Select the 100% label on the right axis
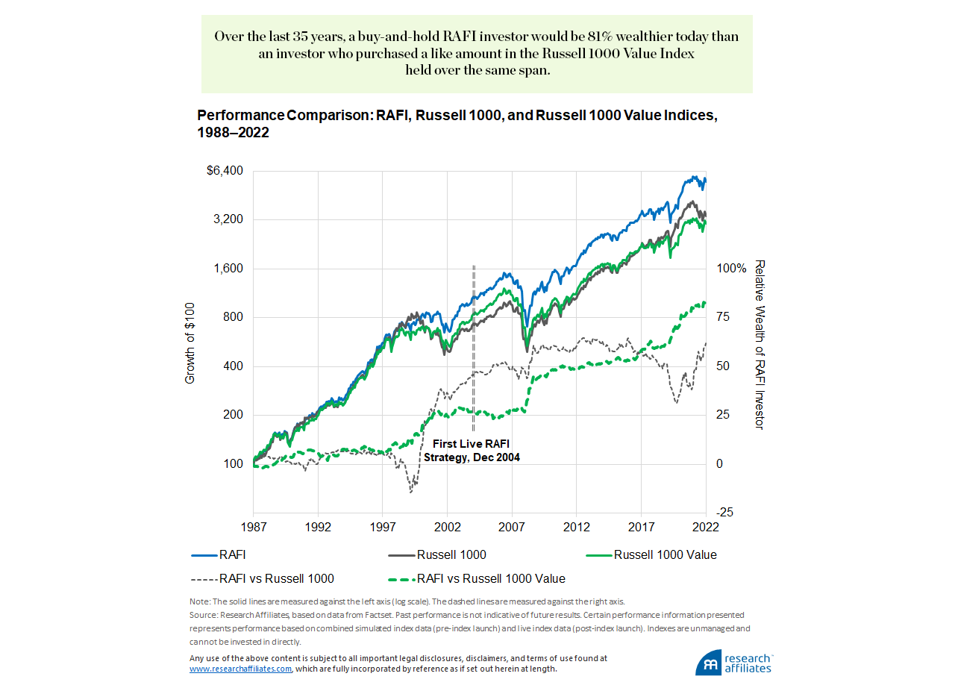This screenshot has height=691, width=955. point(731,269)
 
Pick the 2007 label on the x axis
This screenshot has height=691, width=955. point(512,526)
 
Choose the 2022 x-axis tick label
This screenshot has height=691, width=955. point(706,526)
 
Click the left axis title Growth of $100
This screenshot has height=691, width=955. point(190,343)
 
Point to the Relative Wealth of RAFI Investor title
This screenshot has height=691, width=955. point(760,345)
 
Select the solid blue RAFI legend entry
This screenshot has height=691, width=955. point(219,555)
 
